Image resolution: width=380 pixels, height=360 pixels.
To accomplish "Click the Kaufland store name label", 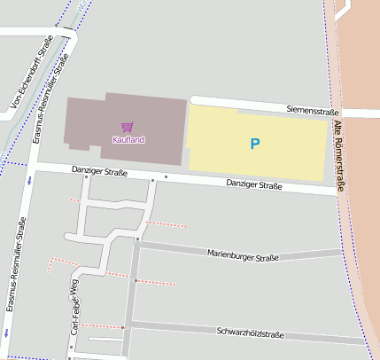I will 128,140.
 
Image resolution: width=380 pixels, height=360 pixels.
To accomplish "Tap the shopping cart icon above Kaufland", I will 128,127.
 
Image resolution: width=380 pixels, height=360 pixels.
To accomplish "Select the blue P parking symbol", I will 255,143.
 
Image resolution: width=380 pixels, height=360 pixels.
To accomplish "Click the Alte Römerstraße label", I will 338,156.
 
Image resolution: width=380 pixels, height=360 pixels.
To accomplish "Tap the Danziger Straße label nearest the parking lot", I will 254,185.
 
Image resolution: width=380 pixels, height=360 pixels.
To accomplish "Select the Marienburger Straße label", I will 243,256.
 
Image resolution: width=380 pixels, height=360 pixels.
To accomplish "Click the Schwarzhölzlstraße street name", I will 250,333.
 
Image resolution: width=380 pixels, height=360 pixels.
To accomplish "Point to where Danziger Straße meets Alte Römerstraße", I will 338,190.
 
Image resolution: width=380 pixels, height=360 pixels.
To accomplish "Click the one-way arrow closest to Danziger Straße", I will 28,181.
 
